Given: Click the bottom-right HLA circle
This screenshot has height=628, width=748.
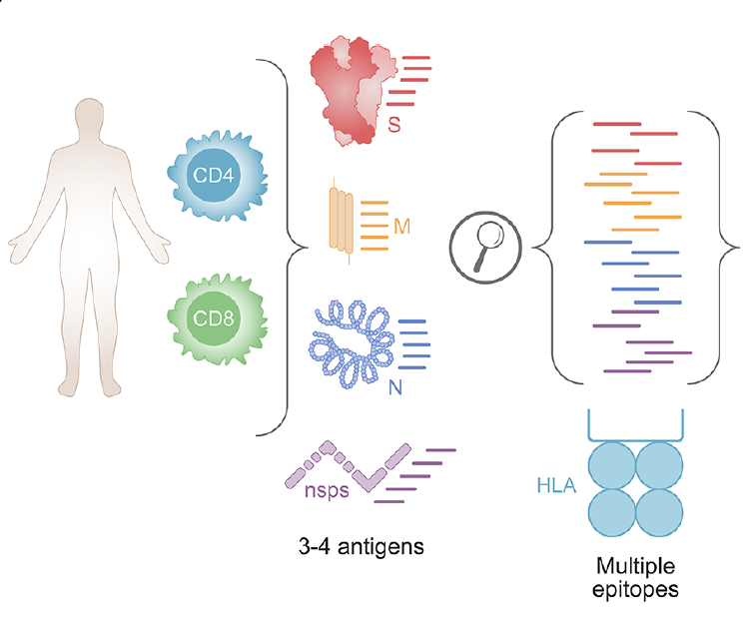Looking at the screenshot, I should pyautogui.click(x=659, y=511).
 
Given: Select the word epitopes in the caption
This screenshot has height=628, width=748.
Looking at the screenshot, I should pyautogui.click(x=635, y=589).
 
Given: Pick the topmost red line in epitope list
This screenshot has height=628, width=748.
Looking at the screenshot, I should pyautogui.click(x=624, y=124).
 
